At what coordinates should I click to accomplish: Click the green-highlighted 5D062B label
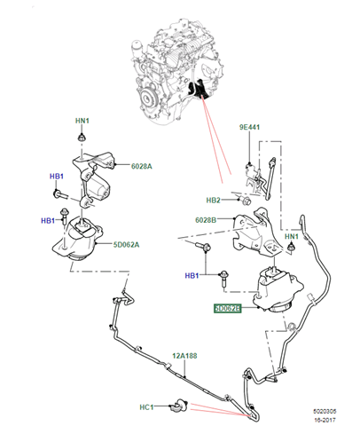click(227, 308)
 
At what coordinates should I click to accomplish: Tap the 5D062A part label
click(126, 245)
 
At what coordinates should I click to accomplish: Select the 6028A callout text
click(142, 166)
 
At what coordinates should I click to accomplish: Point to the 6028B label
click(206, 220)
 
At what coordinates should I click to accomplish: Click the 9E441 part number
click(249, 127)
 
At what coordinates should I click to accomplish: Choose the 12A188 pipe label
click(184, 356)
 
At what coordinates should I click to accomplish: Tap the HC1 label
click(146, 407)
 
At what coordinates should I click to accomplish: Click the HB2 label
click(214, 201)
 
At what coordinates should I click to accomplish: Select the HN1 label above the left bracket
click(82, 121)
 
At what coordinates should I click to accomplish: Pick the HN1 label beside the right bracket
click(292, 236)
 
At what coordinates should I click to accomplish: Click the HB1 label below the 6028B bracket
click(192, 276)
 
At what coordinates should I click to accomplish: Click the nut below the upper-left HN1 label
click(82, 138)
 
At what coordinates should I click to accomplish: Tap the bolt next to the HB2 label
click(245, 201)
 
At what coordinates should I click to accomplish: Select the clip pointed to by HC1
click(179, 406)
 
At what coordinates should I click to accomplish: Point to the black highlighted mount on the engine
click(199, 89)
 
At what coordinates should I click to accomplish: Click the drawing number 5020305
click(325, 411)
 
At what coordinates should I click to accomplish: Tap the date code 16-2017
click(325, 420)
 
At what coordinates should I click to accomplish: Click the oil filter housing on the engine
click(137, 50)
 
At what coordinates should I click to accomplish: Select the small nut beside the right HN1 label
click(292, 247)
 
